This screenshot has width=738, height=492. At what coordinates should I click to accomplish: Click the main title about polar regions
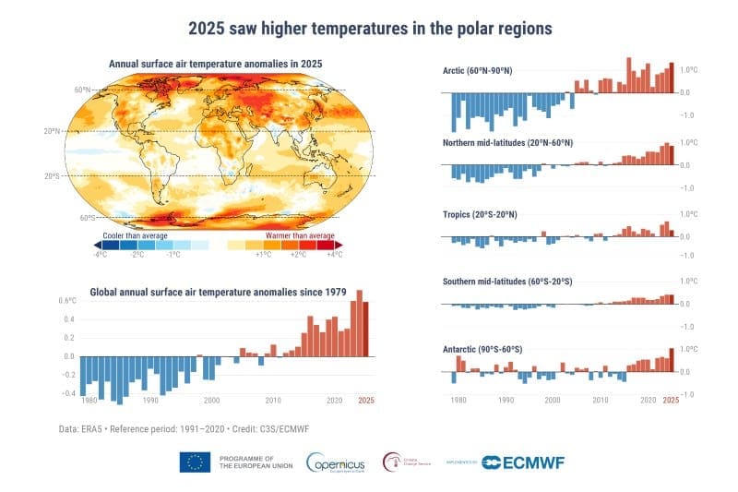(x=370, y=28)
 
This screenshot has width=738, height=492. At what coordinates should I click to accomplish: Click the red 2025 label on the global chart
(x=366, y=400)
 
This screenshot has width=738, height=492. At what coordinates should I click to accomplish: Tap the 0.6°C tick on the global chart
(x=65, y=301)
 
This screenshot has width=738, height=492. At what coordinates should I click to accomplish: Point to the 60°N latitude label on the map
(x=83, y=90)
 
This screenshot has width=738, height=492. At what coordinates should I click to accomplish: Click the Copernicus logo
(x=338, y=462)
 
